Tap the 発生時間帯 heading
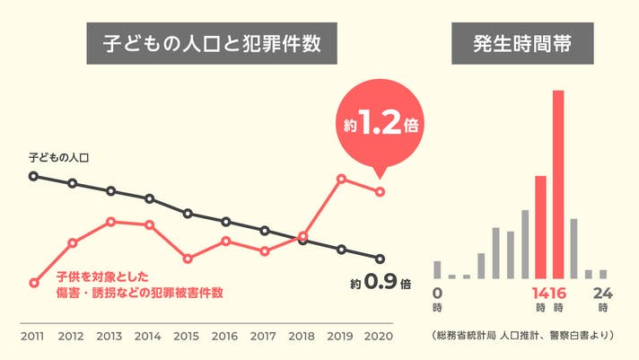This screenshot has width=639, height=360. click(521, 42)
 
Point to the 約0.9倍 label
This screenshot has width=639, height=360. click(381, 283)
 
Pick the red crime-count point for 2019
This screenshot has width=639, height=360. click(341, 179)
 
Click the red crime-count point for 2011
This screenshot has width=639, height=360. click(34, 283)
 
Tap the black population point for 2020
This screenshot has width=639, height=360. click(380, 259)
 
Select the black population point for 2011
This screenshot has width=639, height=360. click(34, 176)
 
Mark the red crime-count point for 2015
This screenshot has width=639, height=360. click(188, 259)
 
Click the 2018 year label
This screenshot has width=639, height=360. click(302, 336)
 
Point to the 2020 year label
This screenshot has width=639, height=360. click(379, 336)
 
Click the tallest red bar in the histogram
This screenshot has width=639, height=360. click(557, 184)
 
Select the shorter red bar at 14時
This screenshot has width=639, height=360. click(540, 226)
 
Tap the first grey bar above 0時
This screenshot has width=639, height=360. click(437, 269)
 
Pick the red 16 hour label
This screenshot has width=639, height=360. click(557, 293)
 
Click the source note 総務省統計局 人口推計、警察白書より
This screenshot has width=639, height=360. click(521, 336)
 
